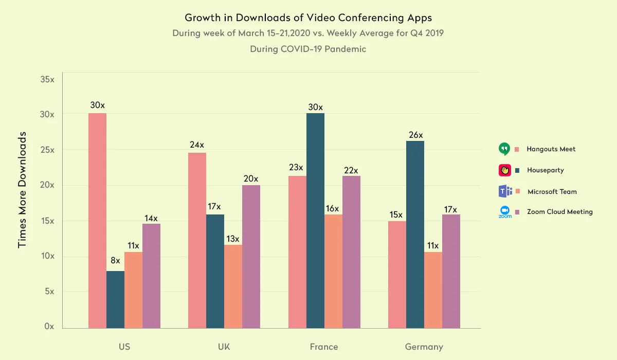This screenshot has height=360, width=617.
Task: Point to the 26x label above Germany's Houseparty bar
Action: pyautogui.click(x=415, y=135)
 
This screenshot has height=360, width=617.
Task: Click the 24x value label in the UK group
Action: pyautogui.click(x=197, y=145)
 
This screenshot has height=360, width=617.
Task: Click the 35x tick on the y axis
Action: pyautogui.click(x=47, y=80)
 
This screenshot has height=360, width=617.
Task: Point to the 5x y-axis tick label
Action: pyautogui.click(x=49, y=291)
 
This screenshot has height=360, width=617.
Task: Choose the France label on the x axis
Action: pyautogui.click(x=324, y=347)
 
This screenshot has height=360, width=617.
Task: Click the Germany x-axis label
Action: pyautogui.click(x=424, y=347)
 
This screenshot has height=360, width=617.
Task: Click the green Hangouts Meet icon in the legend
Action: pyautogui.click(x=504, y=149)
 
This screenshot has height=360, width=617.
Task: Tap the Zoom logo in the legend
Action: pyautogui.click(x=504, y=212)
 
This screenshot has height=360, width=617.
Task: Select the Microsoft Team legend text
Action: pyautogui.click(x=552, y=191)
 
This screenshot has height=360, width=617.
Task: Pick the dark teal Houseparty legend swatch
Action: pyautogui.click(x=517, y=170)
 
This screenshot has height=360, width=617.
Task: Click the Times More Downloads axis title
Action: pyautogui.click(x=22, y=189)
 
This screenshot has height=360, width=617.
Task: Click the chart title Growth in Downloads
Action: pyautogui.click(x=308, y=18)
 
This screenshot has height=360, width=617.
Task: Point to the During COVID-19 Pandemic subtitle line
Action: pyautogui.click(x=308, y=49)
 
